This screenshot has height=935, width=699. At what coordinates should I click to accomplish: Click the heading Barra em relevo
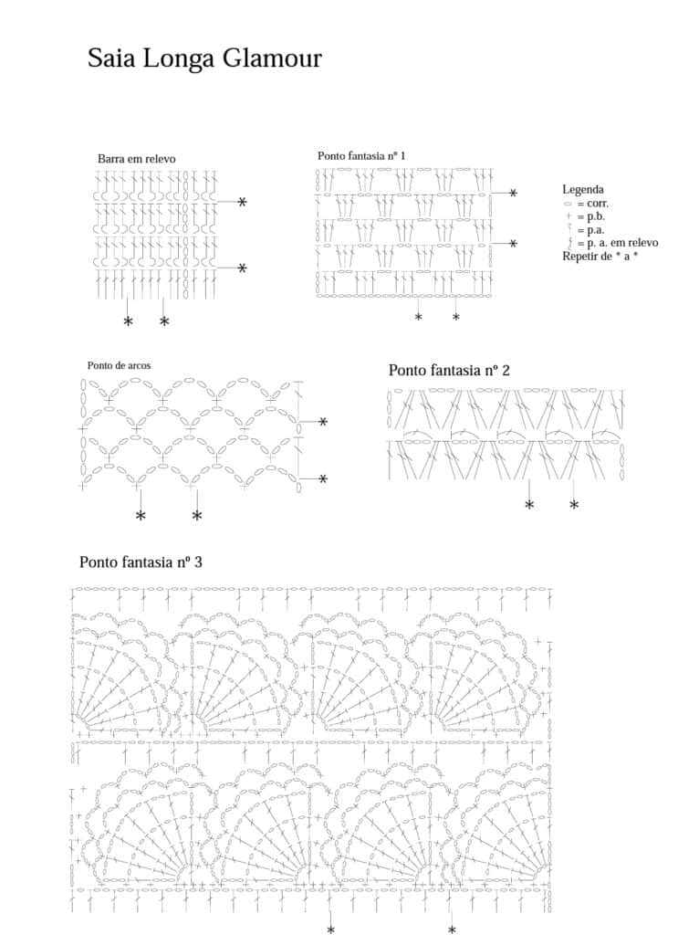pos(136,159)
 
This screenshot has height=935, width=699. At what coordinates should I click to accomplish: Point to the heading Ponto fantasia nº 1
pos(361,156)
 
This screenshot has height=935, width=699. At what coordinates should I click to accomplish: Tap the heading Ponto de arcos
pos(119,365)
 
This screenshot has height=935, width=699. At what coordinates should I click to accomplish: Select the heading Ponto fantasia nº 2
pos(449,370)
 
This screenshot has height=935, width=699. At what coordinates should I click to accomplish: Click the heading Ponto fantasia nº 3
pos(141,562)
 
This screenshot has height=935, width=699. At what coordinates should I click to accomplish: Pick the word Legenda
pos(583,189)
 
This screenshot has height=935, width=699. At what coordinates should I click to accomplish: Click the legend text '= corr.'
pos(593,203)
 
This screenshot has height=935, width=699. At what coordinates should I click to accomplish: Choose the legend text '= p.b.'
pos(592,216)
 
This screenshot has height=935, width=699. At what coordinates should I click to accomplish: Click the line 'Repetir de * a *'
pos(600,257)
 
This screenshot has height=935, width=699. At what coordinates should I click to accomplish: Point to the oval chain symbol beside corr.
pos(568,204)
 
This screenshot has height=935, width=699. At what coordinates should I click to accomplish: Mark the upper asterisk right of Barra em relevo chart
pos(242,202)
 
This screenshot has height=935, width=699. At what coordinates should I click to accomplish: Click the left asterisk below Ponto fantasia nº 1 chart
pos(419,317)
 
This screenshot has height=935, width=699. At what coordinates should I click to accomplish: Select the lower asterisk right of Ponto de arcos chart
pos(323,478)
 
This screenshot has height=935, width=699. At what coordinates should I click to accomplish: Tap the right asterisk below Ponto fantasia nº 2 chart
pos(574,505)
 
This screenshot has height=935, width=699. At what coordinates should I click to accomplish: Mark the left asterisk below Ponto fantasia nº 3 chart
pos(330,930)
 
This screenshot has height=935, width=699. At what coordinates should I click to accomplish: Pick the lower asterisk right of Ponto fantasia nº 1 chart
pos(513,244)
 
